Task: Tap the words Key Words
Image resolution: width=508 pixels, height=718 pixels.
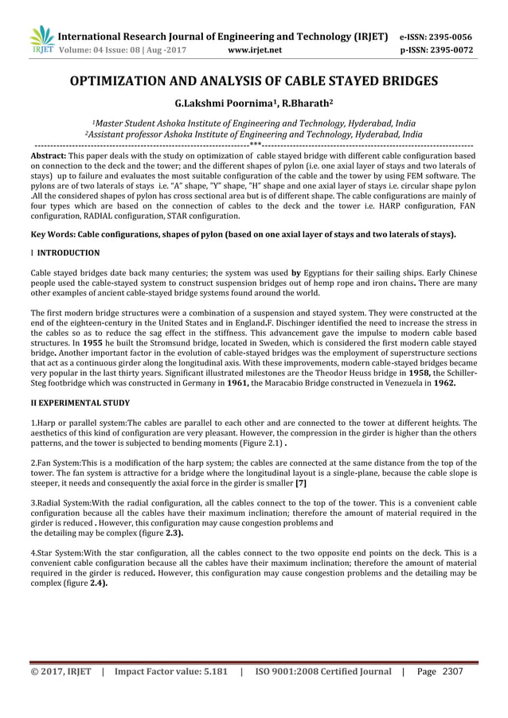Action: (53, 235)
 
